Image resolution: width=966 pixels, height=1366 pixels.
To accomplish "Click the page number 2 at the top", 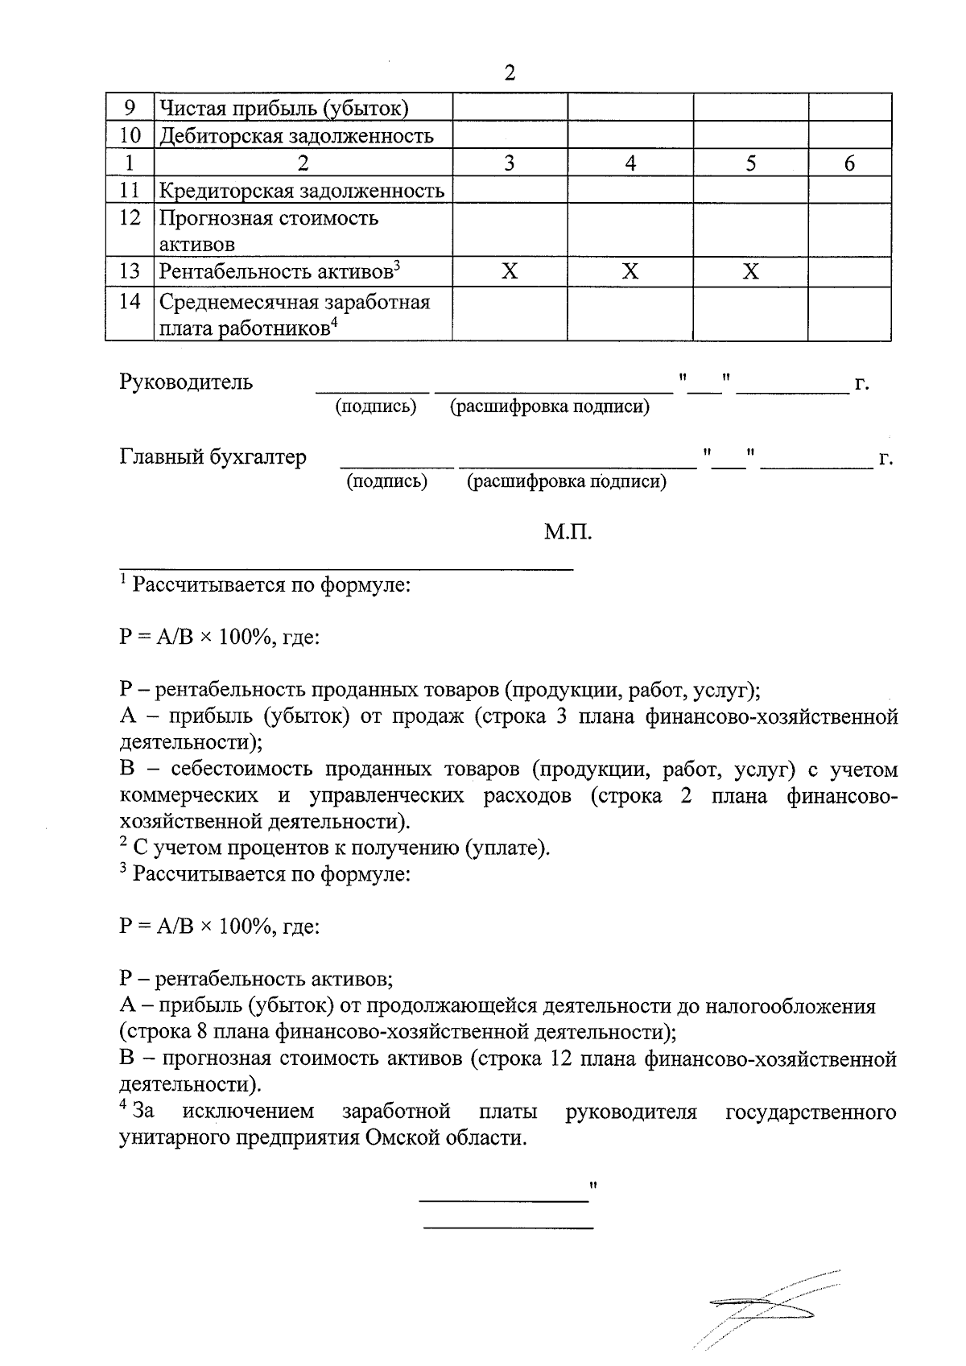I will click(x=509, y=73).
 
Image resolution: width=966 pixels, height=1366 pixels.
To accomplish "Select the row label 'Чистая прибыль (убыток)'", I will click(x=284, y=107).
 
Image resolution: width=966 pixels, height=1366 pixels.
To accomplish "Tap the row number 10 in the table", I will click(x=129, y=135).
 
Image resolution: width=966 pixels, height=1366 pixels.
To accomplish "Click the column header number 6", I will click(x=849, y=163).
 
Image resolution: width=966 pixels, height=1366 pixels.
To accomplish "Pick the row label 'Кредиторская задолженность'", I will click(x=301, y=191).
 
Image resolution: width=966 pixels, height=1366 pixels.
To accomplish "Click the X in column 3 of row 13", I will click(x=510, y=271).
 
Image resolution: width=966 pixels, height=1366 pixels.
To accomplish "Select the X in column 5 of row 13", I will click(x=750, y=271).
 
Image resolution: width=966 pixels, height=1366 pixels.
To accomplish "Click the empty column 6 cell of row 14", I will click(x=849, y=314).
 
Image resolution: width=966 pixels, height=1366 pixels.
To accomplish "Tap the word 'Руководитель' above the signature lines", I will click(x=186, y=382).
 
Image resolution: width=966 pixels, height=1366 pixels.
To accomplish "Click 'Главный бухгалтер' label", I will click(x=213, y=457).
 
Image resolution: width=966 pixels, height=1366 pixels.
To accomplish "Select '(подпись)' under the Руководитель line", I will click(x=375, y=406).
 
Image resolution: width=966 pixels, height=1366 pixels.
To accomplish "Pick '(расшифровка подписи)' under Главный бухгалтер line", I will click(x=567, y=482).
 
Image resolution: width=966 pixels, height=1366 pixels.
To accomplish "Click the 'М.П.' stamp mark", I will click(x=568, y=532).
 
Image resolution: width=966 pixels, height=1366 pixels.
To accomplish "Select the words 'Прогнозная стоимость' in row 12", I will click(x=268, y=218).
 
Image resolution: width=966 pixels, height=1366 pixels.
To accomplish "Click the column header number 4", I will click(x=630, y=163).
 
